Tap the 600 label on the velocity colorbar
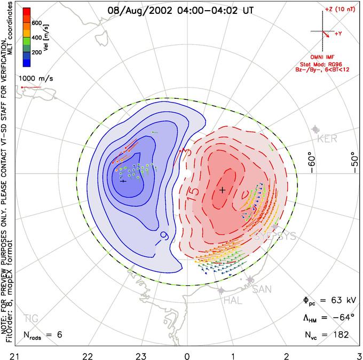[37, 23]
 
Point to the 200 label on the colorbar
[37, 53]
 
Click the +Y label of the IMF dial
[339, 34]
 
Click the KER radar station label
[327, 139]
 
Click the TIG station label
[31, 319]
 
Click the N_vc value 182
[340, 334]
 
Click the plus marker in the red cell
[223, 190]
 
